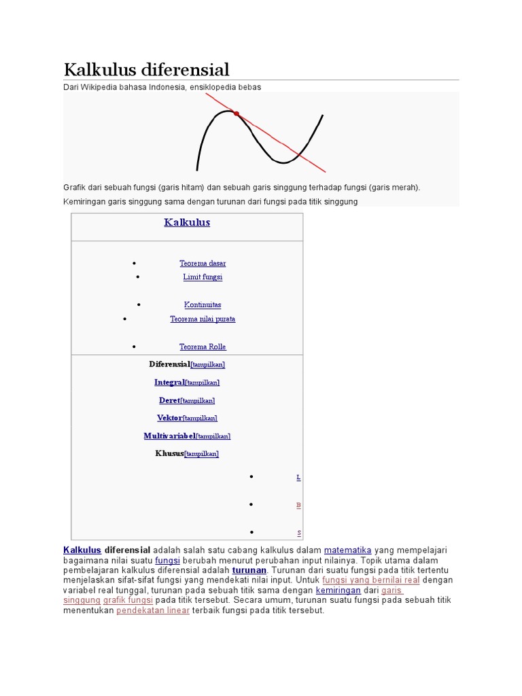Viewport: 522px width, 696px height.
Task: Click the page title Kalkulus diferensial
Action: (146, 69)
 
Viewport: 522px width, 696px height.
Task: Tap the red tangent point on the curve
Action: (236, 114)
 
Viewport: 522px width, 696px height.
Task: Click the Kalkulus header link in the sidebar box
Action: (187, 222)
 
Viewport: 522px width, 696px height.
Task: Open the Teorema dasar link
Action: (203, 263)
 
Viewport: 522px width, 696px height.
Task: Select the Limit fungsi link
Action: (203, 277)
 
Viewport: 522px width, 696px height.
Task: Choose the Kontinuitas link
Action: (203, 305)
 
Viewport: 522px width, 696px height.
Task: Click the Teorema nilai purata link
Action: (203, 319)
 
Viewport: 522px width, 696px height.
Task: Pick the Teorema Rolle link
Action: (203, 347)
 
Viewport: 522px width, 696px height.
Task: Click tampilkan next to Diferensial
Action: (208, 365)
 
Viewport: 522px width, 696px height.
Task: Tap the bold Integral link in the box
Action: (169, 382)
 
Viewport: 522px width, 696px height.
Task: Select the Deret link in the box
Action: (169, 400)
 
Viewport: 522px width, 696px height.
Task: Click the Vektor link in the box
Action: (169, 418)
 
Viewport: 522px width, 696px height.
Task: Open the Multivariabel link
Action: (169, 436)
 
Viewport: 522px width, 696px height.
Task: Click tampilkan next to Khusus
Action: (203, 453)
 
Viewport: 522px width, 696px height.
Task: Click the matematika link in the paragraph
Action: (347, 550)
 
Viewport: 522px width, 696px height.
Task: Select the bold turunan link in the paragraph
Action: (249, 570)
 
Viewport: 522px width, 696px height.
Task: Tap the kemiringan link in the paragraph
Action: (338, 591)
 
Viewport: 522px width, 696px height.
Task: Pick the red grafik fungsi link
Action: (128, 601)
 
